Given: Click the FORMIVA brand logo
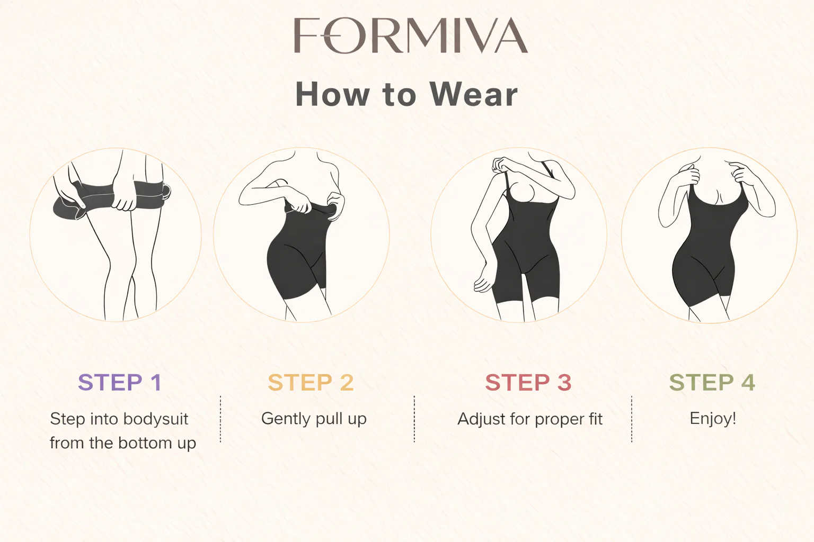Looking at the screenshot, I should (x=411, y=35).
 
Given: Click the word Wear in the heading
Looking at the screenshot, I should (x=473, y=95).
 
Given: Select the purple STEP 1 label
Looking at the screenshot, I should (x=119, y=382).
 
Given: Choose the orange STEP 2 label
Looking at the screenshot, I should (x=311, y=382).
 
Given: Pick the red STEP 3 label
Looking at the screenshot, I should (x=528, y=382).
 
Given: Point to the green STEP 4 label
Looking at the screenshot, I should (x=712, y=382).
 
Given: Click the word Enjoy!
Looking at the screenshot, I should (x=713, y=419).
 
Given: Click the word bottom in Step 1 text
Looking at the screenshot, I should (x=145, y=443).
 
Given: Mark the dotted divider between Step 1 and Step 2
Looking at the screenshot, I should (x=220, y=419).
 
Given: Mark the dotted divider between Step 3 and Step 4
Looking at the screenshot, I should (x=632, y=419).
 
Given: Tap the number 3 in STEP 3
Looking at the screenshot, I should (x=564, y=382).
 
